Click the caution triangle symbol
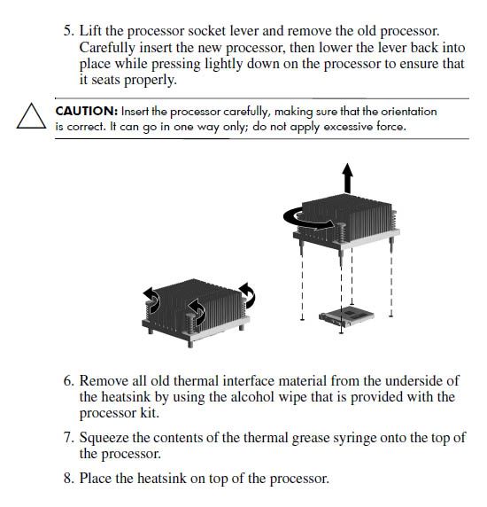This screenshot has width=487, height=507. [31, 116]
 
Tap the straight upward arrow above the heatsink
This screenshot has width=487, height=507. [347, 178]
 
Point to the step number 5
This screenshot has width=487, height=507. [69, 31]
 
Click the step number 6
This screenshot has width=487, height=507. [69, 380]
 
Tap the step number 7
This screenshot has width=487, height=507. [69, 438]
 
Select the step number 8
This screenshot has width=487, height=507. [69, 479]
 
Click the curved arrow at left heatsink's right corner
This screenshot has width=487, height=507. [248, 295]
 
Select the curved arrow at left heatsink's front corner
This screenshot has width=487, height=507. [197, 311]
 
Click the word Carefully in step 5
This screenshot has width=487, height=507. [107, 49]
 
